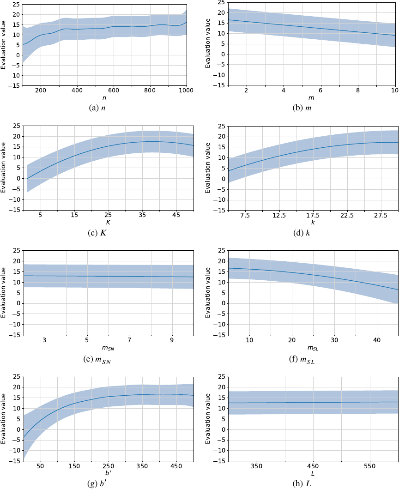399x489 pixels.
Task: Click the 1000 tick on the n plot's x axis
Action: tap(186, 90)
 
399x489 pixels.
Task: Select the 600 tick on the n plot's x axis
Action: tap(114, 90)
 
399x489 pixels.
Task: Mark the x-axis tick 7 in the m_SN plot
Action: tap(129, 340)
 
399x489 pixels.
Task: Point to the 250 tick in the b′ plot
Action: tap(108, 466)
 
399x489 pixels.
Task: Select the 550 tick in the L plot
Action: tap(369, 466)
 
